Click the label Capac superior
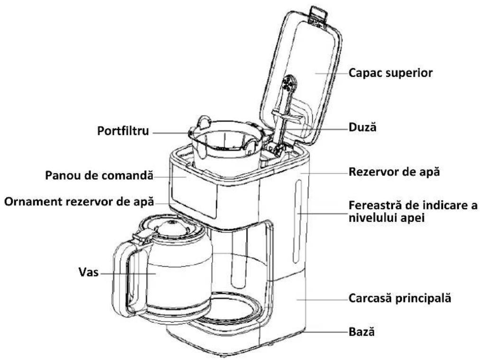coord(390,73)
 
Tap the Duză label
coord(362,127)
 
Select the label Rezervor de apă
coord(394,172)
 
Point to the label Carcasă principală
coord(400,298)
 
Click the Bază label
coord(361,332)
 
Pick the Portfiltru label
coord(123,131)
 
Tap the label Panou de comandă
coord(99,175)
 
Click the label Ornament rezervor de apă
coord(79,202)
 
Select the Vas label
coord(89,272)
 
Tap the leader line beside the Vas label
coord(128,273)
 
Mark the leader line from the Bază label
coord(327,332)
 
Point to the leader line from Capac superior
coord(332,73)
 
